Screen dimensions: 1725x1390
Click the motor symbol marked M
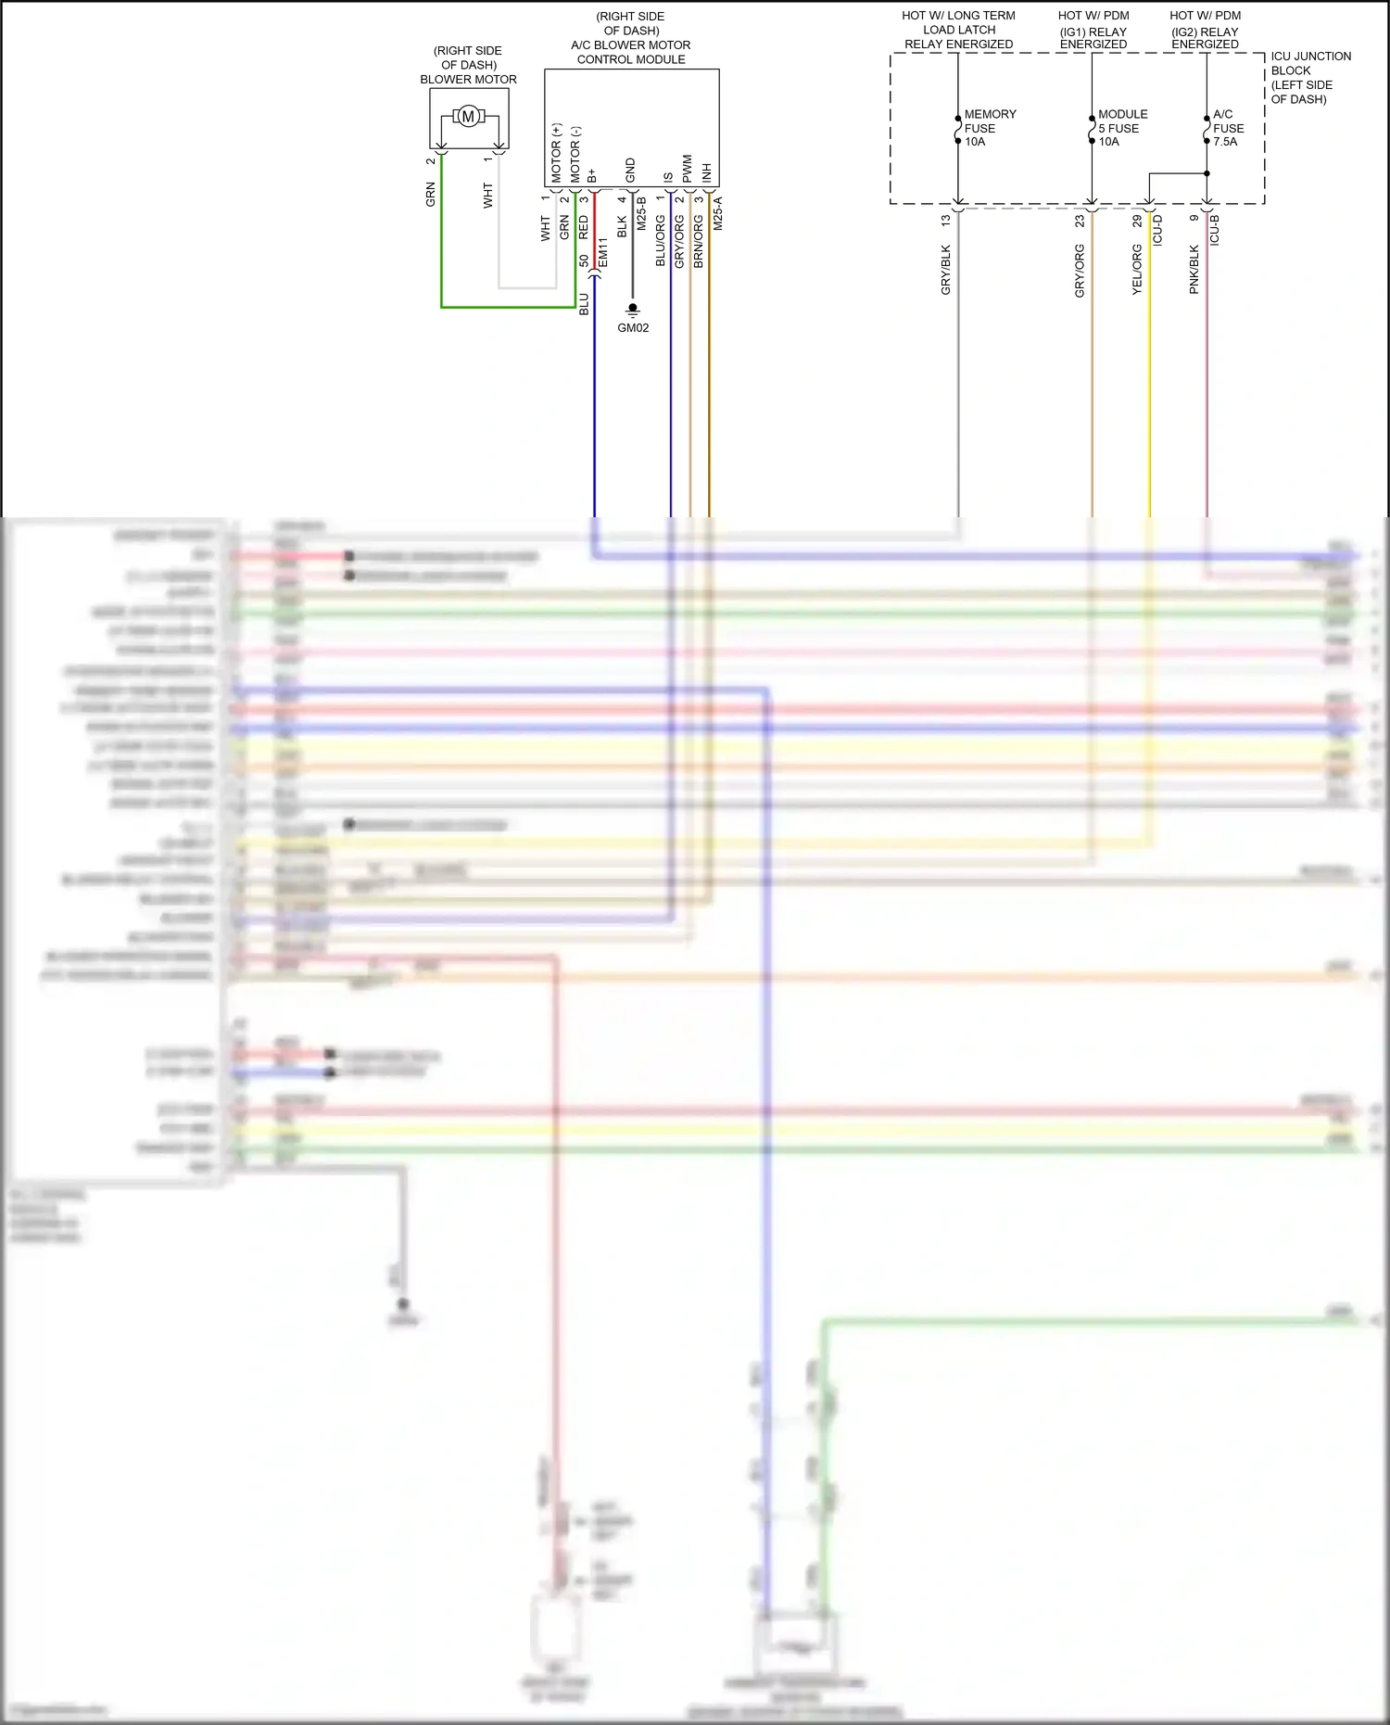click(x=468, y=116)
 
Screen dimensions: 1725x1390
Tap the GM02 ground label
click(x=633, y=328)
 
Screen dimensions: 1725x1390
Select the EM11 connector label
click(x=603, y=252)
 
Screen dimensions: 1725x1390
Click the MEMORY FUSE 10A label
click(x=989, y=128)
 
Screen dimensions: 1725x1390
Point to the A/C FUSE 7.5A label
click(x=1228, y=128)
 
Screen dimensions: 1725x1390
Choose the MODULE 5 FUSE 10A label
click(x=1121, y=128)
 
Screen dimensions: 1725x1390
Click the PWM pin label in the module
click(x=688, y=168)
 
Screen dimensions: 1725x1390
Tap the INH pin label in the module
click(x=707, y=172)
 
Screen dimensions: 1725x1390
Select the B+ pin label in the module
click(x=592, y=175)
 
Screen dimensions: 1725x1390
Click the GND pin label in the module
click(x=631, y=171)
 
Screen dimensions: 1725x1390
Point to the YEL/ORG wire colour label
click(x=1137, y=270)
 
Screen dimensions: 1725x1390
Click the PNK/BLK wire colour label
click(x=1194, y=270)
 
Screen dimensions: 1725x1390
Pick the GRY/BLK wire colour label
click(x=946, y=270)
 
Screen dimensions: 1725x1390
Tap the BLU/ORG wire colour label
click(x=661, y=241)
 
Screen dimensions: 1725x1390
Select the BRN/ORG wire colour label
click(x=699, y=241)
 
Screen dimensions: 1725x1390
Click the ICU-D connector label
click(x=1157, y=230)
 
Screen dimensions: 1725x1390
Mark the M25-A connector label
click(x=718, y=213)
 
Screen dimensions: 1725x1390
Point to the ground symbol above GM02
click(x=633, y=308)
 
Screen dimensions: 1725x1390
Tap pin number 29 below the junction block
click(x=1137, y=222)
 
